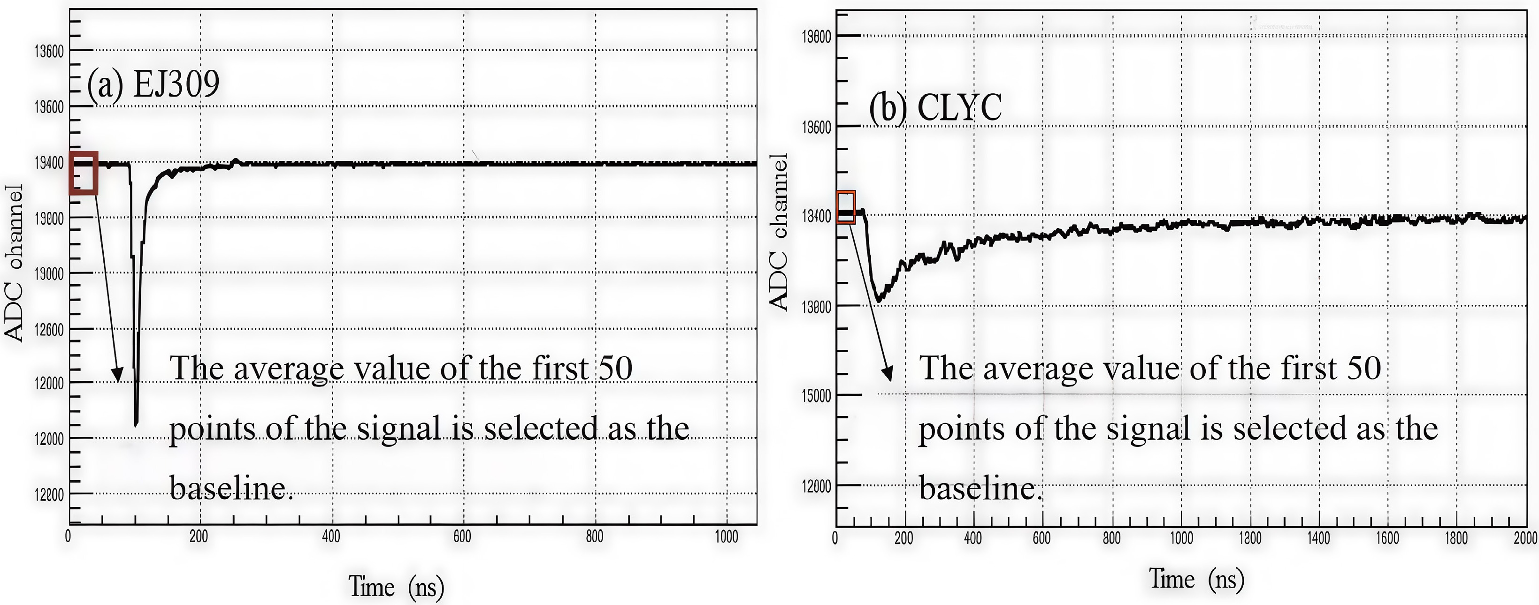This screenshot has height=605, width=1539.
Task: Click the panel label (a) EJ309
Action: point(153,84)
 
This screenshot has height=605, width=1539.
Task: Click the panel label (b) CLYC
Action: point(935,108)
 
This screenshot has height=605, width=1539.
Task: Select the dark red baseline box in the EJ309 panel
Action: point(83,173)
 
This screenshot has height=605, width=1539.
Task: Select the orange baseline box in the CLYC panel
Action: point(845,207)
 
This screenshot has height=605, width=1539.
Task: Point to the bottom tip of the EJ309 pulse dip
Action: point(136,424)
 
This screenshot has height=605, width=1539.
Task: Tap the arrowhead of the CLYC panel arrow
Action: point(888,374)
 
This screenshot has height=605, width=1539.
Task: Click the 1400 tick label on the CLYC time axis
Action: point(1318,538)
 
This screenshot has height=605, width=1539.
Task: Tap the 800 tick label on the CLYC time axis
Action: point(1111,538)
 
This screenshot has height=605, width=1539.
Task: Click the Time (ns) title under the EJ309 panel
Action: point(396,587)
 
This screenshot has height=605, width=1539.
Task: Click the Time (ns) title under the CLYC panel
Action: point(1196,579)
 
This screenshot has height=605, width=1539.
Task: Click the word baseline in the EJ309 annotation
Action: point(230,489)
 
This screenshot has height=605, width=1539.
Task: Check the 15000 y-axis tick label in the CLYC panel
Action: point(816,396)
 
